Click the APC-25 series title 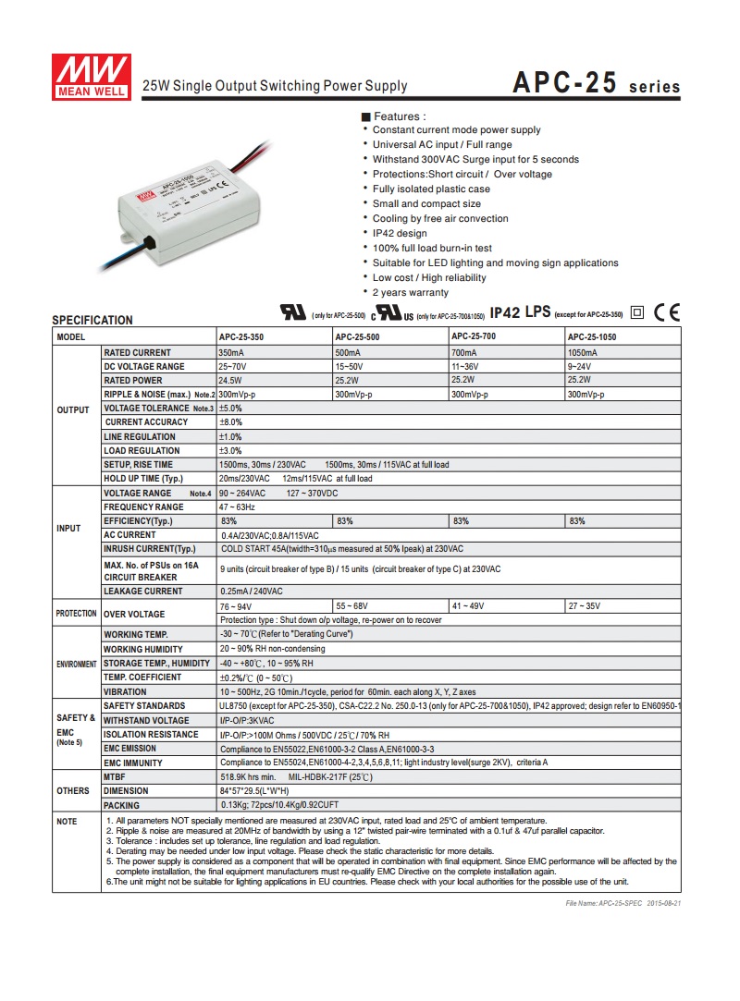(x=597, y=84)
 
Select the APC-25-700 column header (x=475, y=336)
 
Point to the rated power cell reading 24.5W (x=230, y=381)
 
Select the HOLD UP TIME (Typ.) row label (x=143, y=479)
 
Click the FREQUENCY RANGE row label (x=143, y=507)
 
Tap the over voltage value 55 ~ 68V (x=352, y=606)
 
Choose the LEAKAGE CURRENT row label (x=143, y=592)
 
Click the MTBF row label (x=115, y=777)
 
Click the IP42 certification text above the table (x=505, y=312)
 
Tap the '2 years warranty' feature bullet (x=411, y=293)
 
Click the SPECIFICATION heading (x=92, y=320)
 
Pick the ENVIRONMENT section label (x=77, y=664)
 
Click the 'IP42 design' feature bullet (x=400, y=234)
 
